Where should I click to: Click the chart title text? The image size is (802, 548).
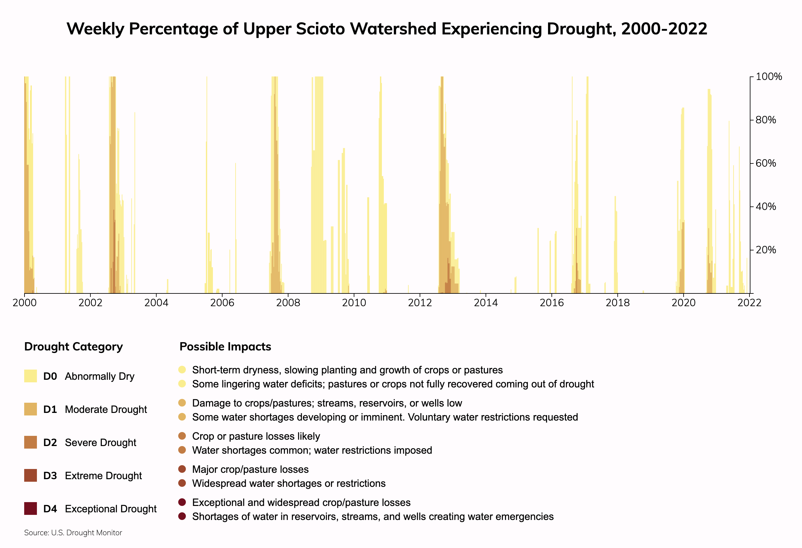pos(387,29)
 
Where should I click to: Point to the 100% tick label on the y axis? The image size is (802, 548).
pos(769,77)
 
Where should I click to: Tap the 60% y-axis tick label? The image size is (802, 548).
pos(766,163)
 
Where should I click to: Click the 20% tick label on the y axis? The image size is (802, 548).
pos(766,250)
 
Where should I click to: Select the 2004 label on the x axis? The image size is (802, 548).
pos(156,303)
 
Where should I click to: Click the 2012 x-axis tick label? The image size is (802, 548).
pos(420,303)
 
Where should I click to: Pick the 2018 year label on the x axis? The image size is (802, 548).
pos(618,303)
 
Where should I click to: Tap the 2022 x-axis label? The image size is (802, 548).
pos(749,303)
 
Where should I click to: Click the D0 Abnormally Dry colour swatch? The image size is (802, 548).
pos(30,376)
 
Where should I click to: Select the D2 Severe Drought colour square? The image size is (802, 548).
pos(30,443)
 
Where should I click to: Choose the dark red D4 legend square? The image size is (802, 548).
pos(30,509)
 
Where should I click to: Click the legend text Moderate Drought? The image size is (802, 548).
pos(106,409)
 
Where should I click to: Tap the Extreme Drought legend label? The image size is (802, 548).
pos(103,476)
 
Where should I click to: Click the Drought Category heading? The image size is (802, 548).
pos(74,347)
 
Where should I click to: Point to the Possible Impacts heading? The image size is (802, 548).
pos(225,347)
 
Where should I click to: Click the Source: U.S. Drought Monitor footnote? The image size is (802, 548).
pos(73,533)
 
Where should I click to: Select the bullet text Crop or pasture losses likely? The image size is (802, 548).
pos(256,436)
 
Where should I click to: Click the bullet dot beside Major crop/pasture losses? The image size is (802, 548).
pos(182,469)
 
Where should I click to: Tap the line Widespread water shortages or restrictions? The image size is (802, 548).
pos(289,483)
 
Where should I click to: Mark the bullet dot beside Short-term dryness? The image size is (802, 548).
pos(182,370)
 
